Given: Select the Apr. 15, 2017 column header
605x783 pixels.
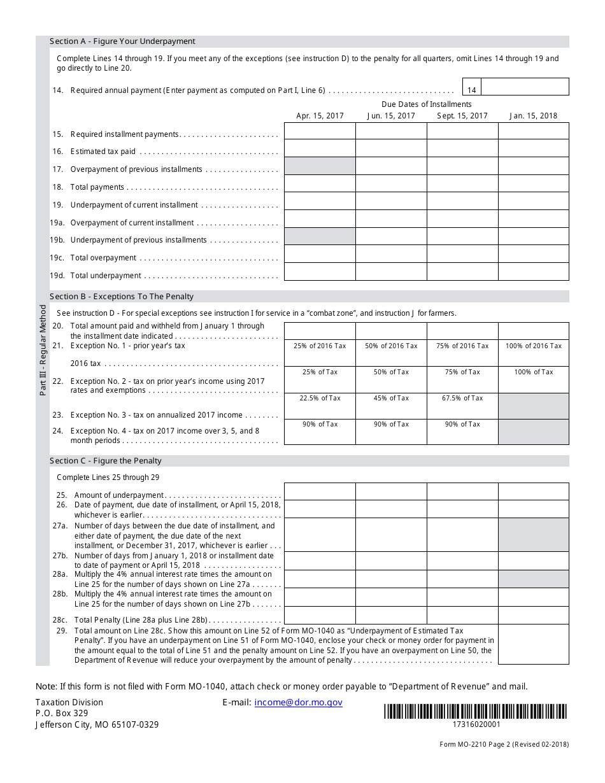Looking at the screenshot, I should [320, 116].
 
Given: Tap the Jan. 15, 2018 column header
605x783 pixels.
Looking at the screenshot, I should [533, 116].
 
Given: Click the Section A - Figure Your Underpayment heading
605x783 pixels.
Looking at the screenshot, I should [122, 41].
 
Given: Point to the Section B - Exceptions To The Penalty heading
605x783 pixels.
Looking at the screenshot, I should [122, 297].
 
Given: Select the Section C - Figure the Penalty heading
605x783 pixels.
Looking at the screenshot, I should [106, 461].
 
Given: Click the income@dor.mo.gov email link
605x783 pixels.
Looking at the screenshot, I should [298, 702].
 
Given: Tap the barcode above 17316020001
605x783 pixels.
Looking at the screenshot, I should [476, 711].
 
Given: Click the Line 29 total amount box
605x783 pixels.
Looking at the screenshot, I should [533, 644].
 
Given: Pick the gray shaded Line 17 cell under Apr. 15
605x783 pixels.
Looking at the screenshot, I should [320, 166].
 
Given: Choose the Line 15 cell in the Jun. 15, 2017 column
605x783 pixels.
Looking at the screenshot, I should [391, 131].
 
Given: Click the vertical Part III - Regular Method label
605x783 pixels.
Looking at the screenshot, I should [43, 350].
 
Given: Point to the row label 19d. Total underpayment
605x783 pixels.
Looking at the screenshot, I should [106, 276].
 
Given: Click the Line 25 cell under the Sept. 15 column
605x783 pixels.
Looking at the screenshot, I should [462, 491].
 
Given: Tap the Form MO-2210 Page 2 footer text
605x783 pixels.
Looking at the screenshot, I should [504, 744].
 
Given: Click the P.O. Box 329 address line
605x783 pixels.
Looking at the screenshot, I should [62, 713].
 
